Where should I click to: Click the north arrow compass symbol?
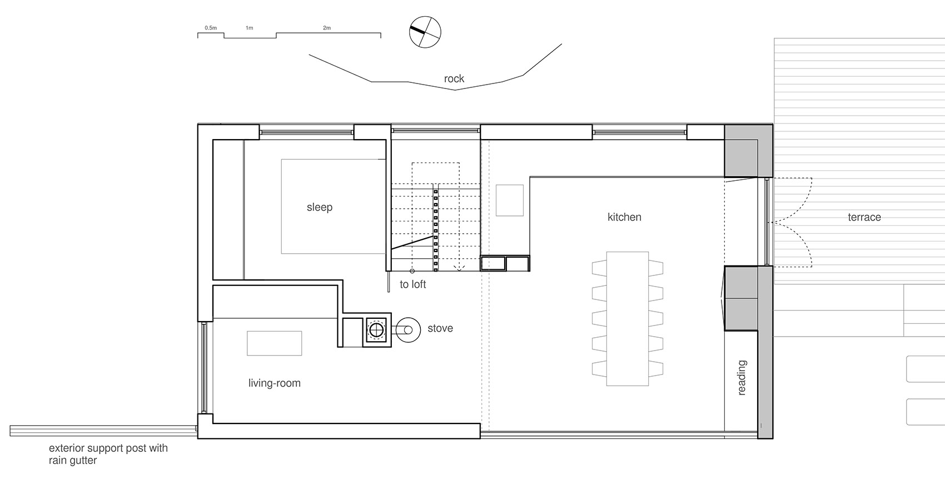point(425,32)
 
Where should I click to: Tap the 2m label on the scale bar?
point(327,28)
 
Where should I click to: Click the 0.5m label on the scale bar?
point(211,28)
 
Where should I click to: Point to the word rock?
point(454,79)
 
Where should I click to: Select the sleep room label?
point(320,207)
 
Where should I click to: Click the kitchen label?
point(624,217)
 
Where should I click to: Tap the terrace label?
point(864,217)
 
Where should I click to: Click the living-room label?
point(274,383)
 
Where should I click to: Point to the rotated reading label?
point(742,378)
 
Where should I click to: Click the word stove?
point(440,328)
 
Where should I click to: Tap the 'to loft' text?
point(412,284)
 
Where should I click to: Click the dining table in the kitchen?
point(628,319)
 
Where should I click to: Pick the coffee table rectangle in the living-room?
point(275,343)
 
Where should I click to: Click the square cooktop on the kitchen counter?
point(510,200)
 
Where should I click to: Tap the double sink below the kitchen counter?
point(505,263)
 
